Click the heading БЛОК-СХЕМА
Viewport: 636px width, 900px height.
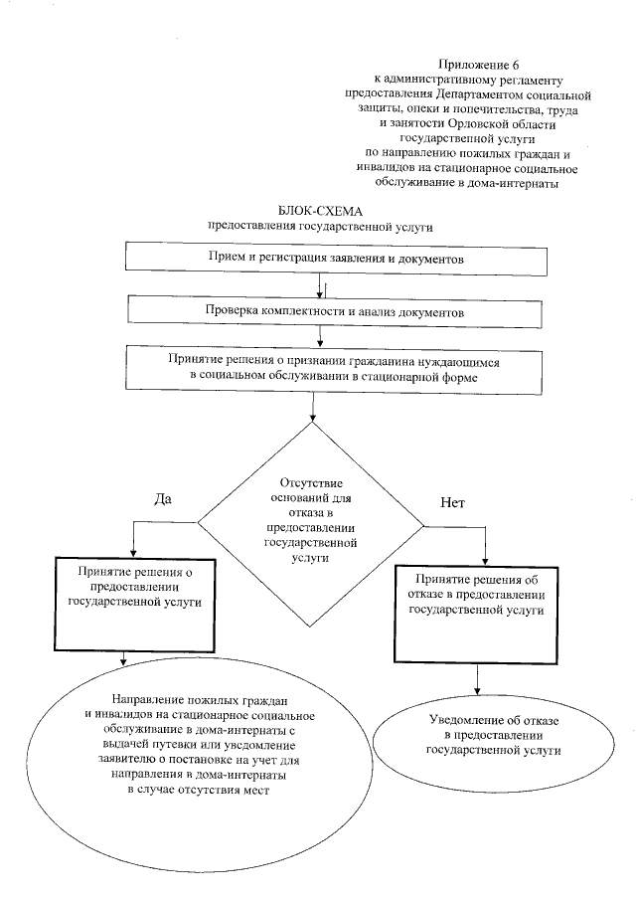coord(322,212)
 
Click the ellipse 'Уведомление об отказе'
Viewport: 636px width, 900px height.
coord(485,737)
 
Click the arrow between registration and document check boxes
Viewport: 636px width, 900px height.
coord(320,285)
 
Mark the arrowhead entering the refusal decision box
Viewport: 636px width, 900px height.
coord(485,559)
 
